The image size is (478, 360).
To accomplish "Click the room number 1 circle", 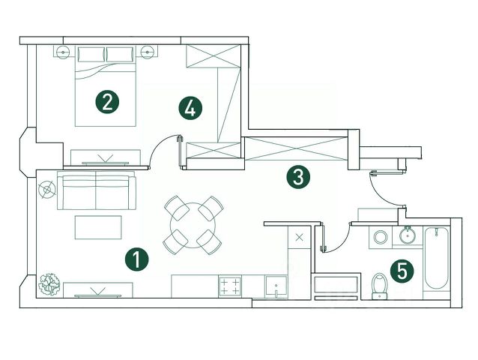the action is click(137, 259).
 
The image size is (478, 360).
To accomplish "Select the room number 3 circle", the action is click(298, 178).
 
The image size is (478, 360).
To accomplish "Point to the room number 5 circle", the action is click(403, 270).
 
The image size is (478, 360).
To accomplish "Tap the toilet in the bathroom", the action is click(380, 284).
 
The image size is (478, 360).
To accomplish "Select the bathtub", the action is click(436, 262).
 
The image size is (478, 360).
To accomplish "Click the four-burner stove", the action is click(231, 286).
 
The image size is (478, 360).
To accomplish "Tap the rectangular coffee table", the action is click(97, 226).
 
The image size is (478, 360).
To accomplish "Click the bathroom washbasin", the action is click(408, 236).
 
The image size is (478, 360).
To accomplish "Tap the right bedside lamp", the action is click(147, 52).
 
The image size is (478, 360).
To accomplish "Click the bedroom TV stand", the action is click(104, 156).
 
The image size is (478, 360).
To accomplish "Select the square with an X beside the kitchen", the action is click(300, 237).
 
